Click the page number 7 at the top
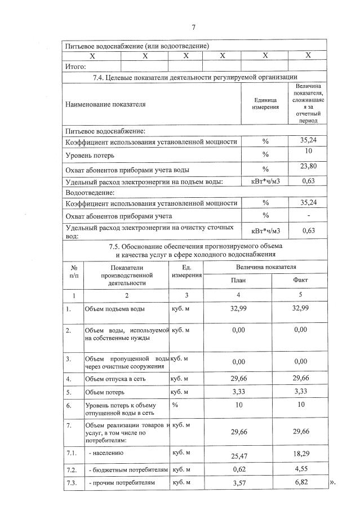(x=193, y=27)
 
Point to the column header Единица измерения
(x=265, y=104)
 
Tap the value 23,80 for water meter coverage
(x=308, y=166)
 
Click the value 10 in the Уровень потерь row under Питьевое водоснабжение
(x=308, y=151)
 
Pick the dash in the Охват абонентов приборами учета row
(x=308, y=216)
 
